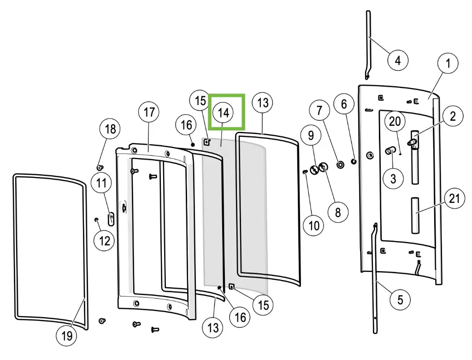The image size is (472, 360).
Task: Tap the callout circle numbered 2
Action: coord(453,116)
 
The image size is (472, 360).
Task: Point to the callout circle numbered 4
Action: coord(397,59)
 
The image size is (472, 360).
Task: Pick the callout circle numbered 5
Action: coord(400,300)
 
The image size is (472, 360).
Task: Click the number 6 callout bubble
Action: coord(344,104)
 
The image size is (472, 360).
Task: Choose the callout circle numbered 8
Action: coord(338,212)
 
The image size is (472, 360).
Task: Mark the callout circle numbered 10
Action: coord(314,225)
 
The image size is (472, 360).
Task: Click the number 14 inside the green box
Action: coord(223,112)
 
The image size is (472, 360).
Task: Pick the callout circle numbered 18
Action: coord(111,129)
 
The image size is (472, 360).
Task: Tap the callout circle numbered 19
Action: coord(67,335)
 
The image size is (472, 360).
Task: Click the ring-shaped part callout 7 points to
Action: coord(341,164)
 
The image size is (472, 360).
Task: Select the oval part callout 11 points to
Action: coord(111,217)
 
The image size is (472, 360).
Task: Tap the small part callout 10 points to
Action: coord(305,171)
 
